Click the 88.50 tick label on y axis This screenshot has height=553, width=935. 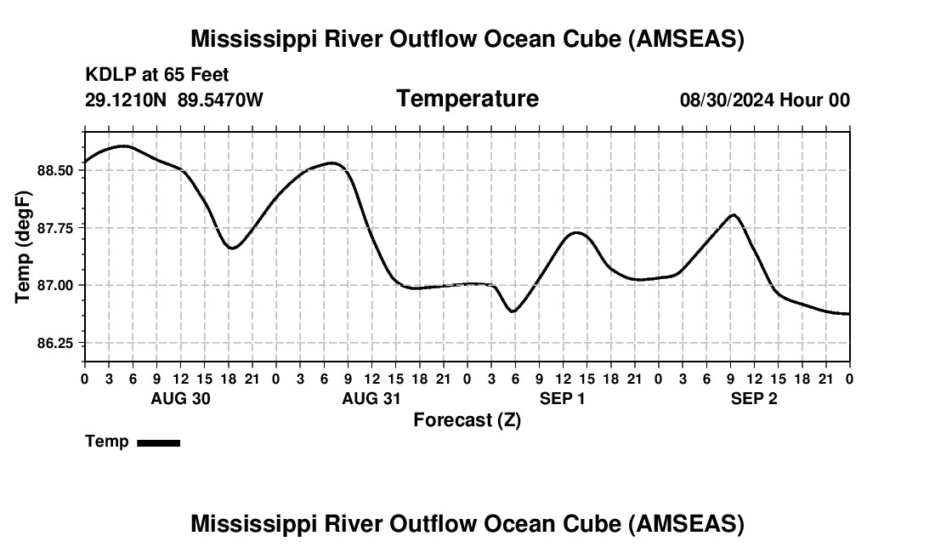click(56, 170)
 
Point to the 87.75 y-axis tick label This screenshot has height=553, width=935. click(56, 228)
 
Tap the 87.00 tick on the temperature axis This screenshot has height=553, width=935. click(56, 285)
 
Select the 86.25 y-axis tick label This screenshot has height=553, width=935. click(56, 343)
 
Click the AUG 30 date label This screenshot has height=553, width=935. click(180, 398)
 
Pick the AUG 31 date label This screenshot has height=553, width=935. click(371, 398)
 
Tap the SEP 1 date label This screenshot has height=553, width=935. click(563, 398)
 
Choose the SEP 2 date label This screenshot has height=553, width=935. click(754, 398)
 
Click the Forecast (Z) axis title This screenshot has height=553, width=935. click(467, 419)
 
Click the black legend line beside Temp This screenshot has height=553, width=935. click(158, 442)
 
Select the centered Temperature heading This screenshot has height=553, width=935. click(467, 99)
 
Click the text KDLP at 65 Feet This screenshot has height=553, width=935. click(157, 76)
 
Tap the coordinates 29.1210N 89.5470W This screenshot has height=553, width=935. click(174, 100)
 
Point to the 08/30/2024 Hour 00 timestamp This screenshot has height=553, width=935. click(764, 100)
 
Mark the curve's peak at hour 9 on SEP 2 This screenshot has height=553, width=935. click(734, 214)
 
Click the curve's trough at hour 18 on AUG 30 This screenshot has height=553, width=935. click(233, 248)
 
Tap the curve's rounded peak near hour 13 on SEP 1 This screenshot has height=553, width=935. click(576, 232)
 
